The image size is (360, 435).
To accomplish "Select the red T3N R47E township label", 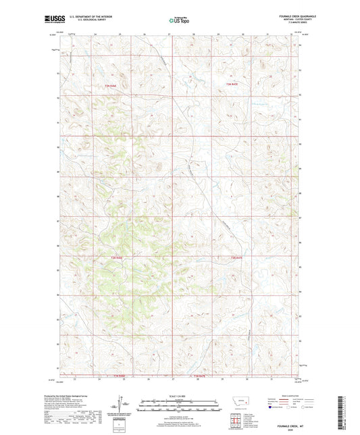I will tap(233, 83).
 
